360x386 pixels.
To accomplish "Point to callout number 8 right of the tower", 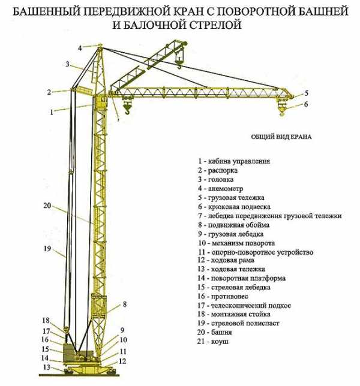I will coord(124,304).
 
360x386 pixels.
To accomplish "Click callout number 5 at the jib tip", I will coord(305,93).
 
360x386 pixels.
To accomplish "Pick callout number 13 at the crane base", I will coord(46,367).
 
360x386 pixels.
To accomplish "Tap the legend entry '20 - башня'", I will coord(216,332).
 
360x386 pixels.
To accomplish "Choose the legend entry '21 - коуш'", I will coord(214,341).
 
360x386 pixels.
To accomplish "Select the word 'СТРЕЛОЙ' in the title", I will coord(219,26).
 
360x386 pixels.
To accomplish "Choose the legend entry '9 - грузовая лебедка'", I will coord(230,233).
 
